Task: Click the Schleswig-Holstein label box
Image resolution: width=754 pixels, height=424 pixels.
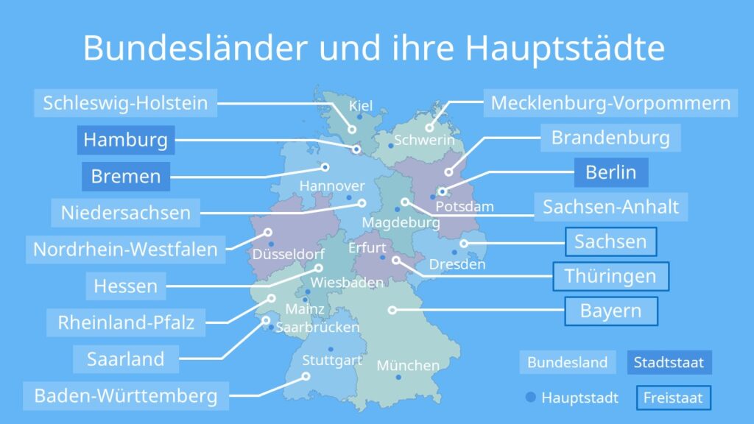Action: (125, 103)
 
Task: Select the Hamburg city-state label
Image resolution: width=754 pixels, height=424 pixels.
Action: (125, 140)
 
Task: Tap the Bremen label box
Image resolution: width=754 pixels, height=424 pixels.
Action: (125, 177)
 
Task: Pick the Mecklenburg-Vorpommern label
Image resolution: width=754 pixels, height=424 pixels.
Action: (610, 103)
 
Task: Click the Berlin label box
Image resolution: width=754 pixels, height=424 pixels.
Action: (610, 172)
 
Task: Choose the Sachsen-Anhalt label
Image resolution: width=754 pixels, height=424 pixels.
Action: (610, 207)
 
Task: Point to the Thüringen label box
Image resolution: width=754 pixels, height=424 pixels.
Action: (610, 277)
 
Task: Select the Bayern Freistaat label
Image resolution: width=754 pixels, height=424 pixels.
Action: (610, 311)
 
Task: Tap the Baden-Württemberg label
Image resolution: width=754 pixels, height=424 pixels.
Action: (125, 396)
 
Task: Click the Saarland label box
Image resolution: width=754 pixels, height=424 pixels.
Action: (125, 359)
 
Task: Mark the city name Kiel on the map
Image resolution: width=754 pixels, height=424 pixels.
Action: (361, 106)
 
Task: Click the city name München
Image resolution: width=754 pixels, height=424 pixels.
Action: (408, 365)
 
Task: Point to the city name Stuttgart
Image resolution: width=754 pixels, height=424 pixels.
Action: (332, 361)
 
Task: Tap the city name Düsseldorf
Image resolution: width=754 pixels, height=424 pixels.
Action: (289, 255)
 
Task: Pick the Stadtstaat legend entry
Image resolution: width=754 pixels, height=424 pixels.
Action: (669, 362)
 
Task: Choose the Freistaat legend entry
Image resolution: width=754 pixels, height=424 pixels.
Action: (673, 398)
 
